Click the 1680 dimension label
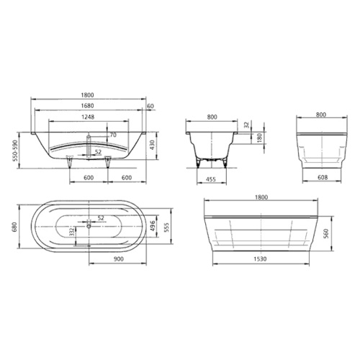tap(87, 106)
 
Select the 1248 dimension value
tap(88, 117)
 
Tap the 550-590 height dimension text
tap(15, 150)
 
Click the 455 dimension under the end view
tap(211, 179)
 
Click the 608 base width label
tap(323, 177)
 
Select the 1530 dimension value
tap(261, 259)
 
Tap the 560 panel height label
tap(326, 233)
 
